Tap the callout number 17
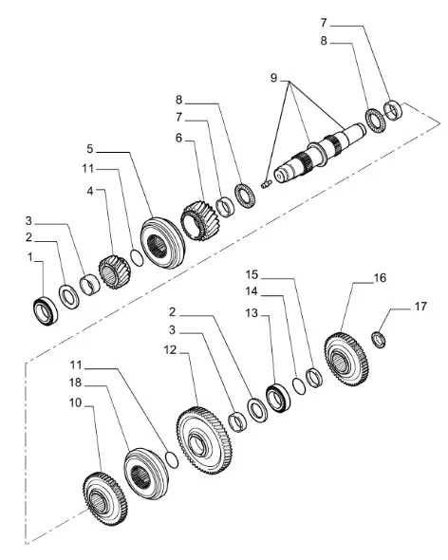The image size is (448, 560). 421,307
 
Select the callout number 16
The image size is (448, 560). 380,279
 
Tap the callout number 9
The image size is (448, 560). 273,76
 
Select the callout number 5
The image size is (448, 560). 89,149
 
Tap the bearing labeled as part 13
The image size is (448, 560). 279,397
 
